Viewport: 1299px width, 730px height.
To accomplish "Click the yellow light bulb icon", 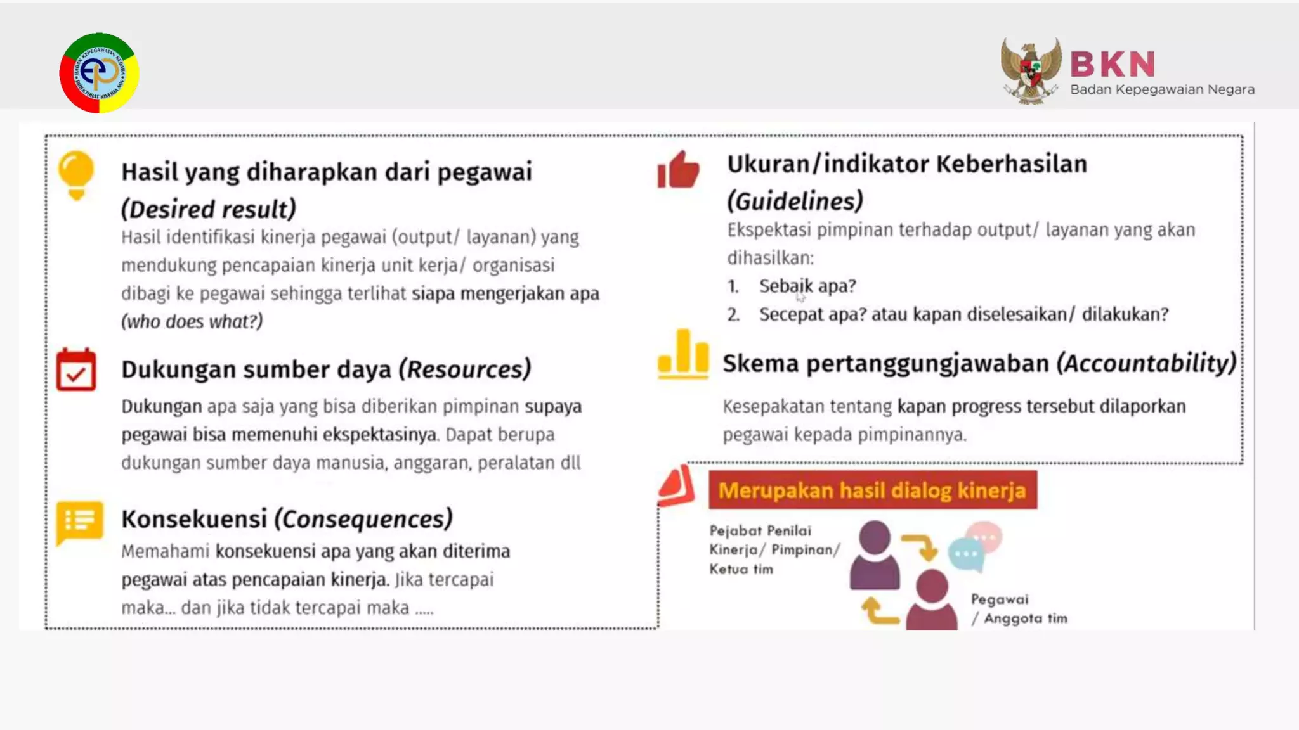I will (x=76, y=175).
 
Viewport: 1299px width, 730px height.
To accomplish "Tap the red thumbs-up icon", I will (x=678, y=170).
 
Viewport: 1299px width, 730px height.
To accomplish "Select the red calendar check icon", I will (x=76, y=369).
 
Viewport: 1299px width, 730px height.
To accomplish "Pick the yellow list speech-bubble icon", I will (x=79, y=522).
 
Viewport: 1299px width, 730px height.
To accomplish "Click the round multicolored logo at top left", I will (x=99, y=73).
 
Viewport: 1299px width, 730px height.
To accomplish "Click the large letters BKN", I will (x=1113, y=64).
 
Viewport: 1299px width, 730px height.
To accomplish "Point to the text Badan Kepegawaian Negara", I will (x=1162, y=89).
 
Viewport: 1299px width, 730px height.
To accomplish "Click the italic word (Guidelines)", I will (x=795, y=201).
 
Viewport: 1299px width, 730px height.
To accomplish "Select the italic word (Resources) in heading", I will (x=465, y=369).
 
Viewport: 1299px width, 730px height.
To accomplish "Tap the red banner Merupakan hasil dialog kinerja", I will (x=872, y=490).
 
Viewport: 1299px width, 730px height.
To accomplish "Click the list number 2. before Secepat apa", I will (x=733, y=314).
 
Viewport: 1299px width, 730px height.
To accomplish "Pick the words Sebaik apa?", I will (x=807, y=286).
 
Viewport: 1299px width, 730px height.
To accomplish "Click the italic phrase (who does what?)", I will (x=192, y=321).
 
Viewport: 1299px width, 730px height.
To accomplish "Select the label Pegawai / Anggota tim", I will (x=1019, y=608).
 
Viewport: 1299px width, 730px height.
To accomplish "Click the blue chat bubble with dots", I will (x=966, y=554).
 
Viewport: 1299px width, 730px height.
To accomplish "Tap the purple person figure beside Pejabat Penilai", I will (x=874, y=555).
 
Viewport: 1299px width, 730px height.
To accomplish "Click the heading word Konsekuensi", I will (x=194, y=518).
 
